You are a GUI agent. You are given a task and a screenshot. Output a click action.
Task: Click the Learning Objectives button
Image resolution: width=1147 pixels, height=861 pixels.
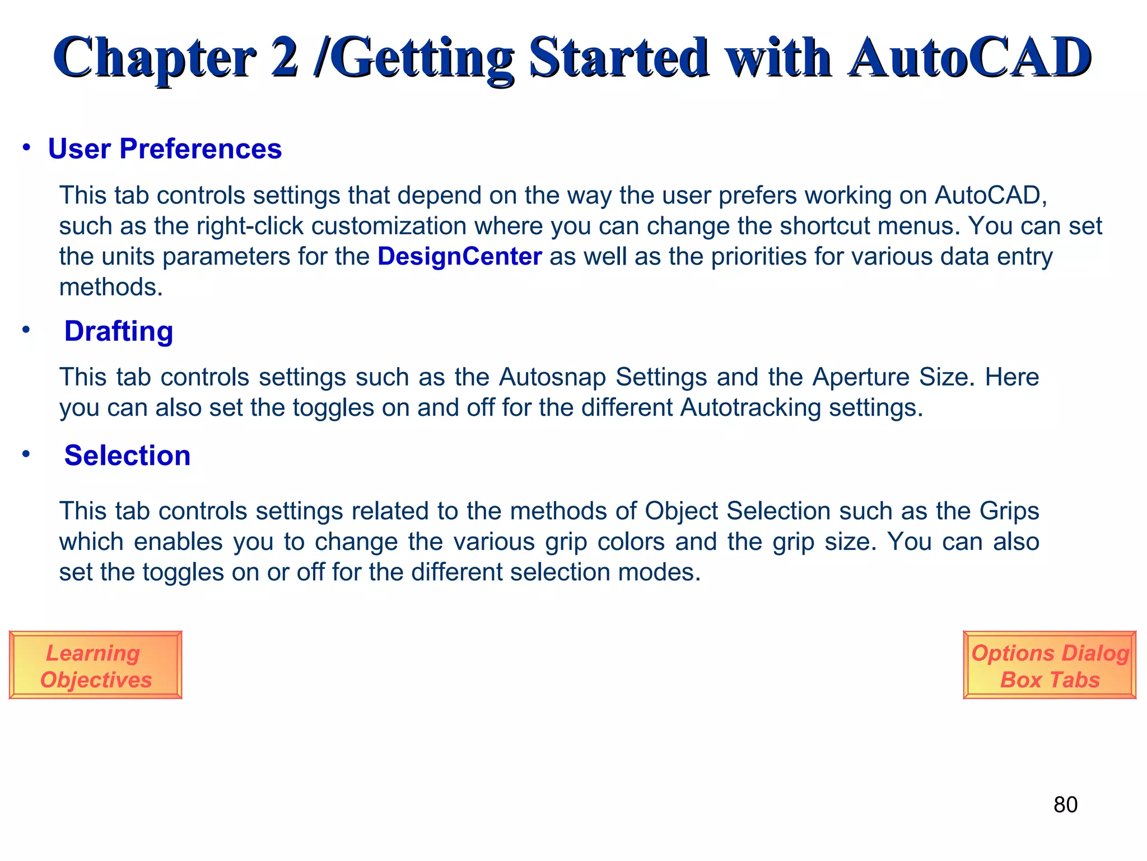[95, 665]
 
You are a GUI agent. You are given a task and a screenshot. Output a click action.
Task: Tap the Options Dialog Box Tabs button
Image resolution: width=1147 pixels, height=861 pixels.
[1050, 665]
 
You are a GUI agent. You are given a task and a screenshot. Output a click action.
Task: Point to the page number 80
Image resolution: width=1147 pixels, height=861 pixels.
[1065, 805]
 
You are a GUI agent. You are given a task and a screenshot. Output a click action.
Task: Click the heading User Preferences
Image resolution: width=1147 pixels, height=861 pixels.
[165, 149]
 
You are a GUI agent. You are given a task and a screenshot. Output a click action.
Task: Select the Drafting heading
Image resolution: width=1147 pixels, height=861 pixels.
[119, 331]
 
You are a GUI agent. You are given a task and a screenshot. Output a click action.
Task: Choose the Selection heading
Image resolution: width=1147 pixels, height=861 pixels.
[127, 456]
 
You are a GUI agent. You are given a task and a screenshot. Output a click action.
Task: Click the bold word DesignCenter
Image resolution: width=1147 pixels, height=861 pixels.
[459, 257]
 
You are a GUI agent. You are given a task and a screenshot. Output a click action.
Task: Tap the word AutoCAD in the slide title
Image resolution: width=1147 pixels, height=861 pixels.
[969, 57]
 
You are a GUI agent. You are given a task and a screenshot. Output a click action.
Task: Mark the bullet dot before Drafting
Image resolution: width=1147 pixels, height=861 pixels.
[26, 330]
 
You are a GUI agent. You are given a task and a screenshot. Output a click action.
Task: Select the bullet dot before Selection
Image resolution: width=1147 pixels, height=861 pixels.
[26, 454]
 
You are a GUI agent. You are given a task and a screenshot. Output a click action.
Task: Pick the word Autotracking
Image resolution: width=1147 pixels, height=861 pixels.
[750, 408]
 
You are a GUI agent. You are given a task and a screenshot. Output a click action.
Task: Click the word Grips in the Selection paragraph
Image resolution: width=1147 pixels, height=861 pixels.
[1009, 511]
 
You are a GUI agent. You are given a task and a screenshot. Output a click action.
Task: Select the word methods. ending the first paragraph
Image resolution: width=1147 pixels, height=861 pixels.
[111, 288]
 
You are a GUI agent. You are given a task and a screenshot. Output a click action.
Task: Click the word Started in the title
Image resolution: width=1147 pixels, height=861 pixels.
[618, 57]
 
